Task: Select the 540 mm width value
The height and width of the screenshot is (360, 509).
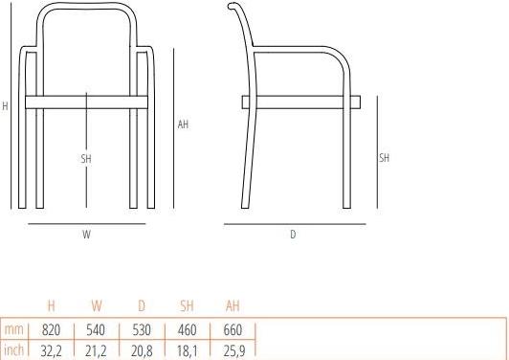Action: pyautogui.click(x=96, y=330)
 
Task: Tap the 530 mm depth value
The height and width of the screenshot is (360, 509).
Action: pyautogui.click(x=142, y=330)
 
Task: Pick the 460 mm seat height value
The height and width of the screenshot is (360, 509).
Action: pyautogui.click(x=188, y=330)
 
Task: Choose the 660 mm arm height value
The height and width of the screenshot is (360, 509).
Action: pyautogui.click(x=232, y=330)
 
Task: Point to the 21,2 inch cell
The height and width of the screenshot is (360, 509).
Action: pyautogui.click(x=96, y=350)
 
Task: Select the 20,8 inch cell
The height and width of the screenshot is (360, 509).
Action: pyautogui.click(x=142, y=350)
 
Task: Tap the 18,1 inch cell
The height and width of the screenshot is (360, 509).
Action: pyautogui.click(x=188, y=350)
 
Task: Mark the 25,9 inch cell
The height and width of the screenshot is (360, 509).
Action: pyautogui.click(x=232, y=350)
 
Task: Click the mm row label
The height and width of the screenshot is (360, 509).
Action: pyautogui.click(x=13, y=330)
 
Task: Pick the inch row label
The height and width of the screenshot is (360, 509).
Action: pyautogui.click(x=13, y=350)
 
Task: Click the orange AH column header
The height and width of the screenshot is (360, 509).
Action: pyautogui.click(x=232, y=306)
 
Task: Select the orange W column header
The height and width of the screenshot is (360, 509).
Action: pyautogui.click(x=96, y=306)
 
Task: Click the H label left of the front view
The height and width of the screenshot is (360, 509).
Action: pyautogui.click(x=5, y=107)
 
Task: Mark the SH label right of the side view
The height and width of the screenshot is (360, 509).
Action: pyautogui.click(x=384, y=158)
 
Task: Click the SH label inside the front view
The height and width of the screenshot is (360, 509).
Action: pyautogui.click(x=86, y=158)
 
